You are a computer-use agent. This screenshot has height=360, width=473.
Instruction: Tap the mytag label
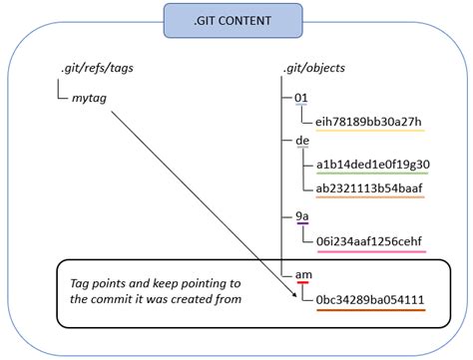pos(92,98)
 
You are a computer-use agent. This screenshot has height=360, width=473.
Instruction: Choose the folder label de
pos(302,142)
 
